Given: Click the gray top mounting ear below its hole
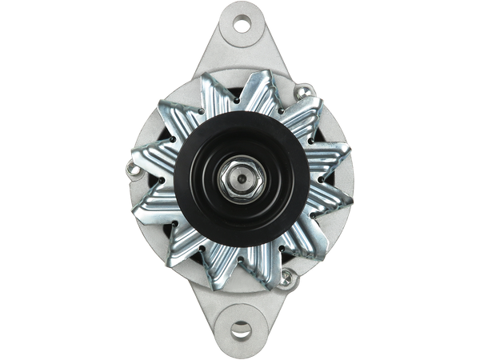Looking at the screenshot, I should tap(240, 54).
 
